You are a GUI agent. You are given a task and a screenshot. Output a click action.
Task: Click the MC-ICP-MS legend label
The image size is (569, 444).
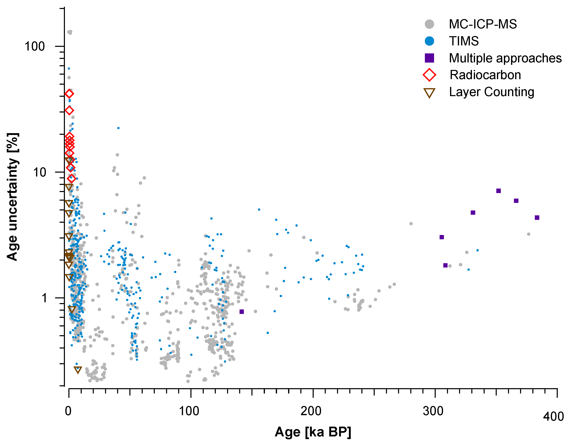[x=483, y=24]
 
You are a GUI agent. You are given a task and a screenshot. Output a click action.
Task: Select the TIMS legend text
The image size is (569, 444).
[x=464, y=41]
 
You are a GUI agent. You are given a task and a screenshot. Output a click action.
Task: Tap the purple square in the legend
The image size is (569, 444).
[x=429, y=58]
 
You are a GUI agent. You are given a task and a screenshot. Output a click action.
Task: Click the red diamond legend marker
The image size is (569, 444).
[x=429, y=75]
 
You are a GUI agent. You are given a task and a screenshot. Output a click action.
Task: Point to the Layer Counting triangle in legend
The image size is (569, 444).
[x=429, y=93]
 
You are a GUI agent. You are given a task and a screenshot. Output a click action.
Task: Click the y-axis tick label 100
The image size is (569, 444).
[x=35, y=47]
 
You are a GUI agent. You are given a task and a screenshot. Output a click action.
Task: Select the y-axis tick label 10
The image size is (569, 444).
[x=40, y=172]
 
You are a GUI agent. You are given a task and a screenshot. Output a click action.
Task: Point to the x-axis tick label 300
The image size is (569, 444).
[x=433, y=411]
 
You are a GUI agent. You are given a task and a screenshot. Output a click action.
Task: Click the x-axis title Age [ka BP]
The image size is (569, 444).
[x=313, y=432]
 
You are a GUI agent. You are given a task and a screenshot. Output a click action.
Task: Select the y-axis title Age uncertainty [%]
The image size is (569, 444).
[x=12, y=197]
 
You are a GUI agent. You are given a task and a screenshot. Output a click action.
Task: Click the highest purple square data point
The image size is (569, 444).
[x=498, y=191]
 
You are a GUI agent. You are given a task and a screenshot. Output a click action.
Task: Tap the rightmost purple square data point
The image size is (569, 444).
[x=537, y=218]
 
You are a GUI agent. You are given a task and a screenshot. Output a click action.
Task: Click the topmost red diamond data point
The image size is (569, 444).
[x=69, y=94]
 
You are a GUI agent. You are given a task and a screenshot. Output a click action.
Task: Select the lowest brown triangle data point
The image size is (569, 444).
[x=78, y=370]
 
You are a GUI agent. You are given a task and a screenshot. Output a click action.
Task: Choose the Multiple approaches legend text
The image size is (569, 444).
[x=505, y=58]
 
